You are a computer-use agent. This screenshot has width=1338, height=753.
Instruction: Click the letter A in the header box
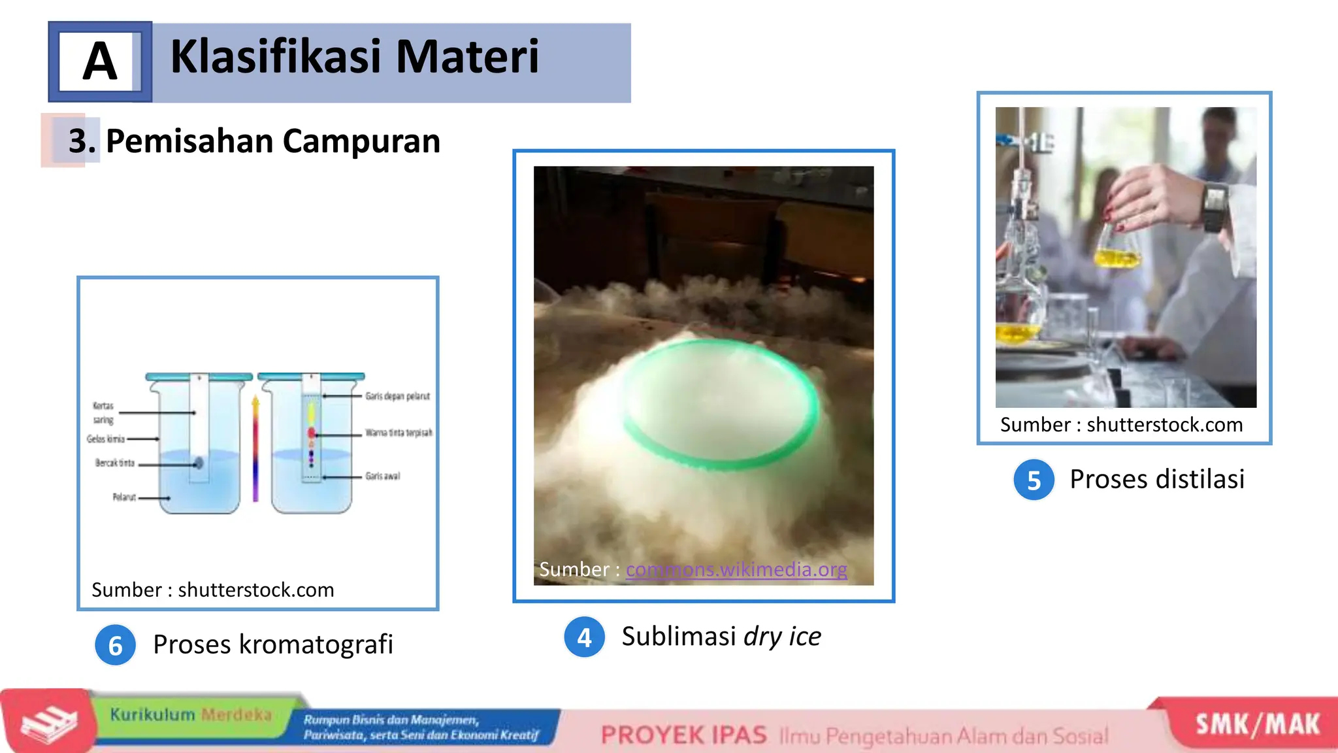click(x=100, y=61)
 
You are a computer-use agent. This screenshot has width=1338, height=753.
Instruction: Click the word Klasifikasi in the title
click(x=275, y=57)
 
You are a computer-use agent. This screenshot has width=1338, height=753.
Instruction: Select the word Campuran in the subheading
click(x=361, y=141)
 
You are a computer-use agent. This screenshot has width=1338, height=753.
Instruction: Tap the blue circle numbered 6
click(x=116, y=646)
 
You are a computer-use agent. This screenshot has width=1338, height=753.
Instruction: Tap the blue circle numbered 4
click(x=584, y=637)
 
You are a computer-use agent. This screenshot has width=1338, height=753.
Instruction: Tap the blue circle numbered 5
click(x=1034, y=480)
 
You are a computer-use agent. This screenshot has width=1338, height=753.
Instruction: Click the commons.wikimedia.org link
click(x=736, y=569)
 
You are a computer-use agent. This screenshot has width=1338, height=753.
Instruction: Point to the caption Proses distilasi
click(x=1156, y=479)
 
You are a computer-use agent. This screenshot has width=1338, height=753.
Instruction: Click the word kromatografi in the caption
click(x=316, y=644)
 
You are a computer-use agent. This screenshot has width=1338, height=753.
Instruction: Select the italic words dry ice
click(x=782, y=636)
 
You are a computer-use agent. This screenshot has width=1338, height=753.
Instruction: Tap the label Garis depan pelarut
click(x=397, y=396)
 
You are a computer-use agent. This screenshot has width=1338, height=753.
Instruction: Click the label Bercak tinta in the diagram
click(x=115, y=463)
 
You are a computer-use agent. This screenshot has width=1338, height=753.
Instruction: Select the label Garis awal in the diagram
click(x=382, y=477)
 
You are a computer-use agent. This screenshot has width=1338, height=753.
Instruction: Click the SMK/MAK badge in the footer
click(x=1257, y=724)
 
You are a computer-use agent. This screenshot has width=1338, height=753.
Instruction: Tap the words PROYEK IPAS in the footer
click(x=683, y=735)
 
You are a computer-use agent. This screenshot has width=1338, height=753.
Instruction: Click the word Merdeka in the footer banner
click(x=236, y=714)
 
